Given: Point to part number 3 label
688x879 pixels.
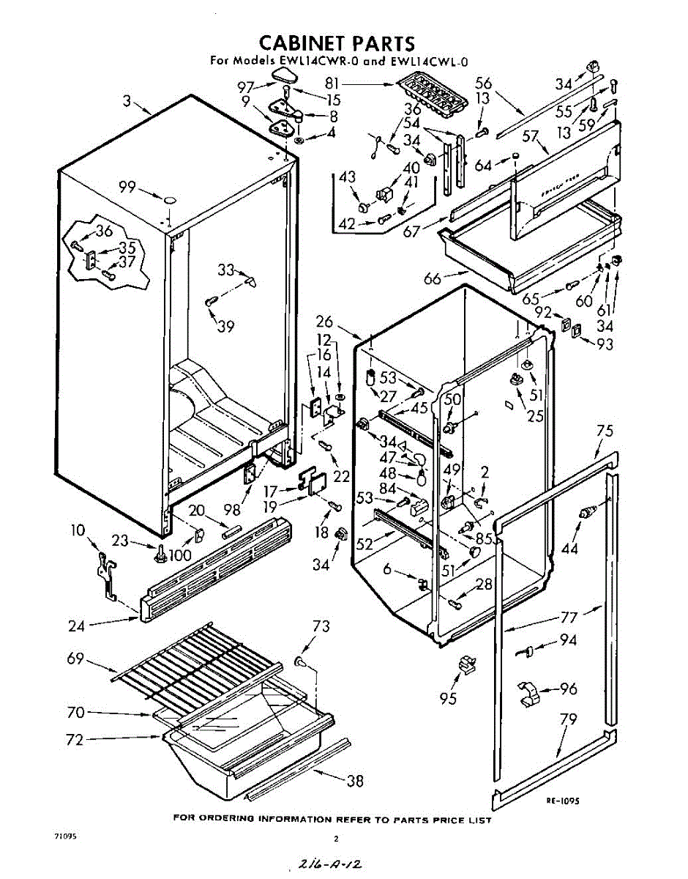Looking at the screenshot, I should [x=127, y=101].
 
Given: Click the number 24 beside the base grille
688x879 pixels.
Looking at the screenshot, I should [x=75, y=626].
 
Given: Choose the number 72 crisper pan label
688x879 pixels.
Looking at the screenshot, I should [x=75, y=740].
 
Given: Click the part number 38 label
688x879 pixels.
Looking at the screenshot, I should [x=354, y=781].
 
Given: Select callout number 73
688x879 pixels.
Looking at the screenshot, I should [x=321, y=626].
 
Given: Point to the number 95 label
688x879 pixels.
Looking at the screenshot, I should [x=448, y=698].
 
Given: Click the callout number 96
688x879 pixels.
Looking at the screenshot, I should [x=568, y=689].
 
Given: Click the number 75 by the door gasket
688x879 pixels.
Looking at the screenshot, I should [x=605, y=431].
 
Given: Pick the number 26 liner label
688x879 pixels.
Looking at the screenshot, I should [x=325, y=321].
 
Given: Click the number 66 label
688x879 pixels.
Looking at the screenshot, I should [x=433, y=278].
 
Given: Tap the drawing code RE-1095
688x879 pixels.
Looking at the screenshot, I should [x=563, y=801].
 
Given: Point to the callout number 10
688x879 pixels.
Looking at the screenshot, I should [x=78, y=530].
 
